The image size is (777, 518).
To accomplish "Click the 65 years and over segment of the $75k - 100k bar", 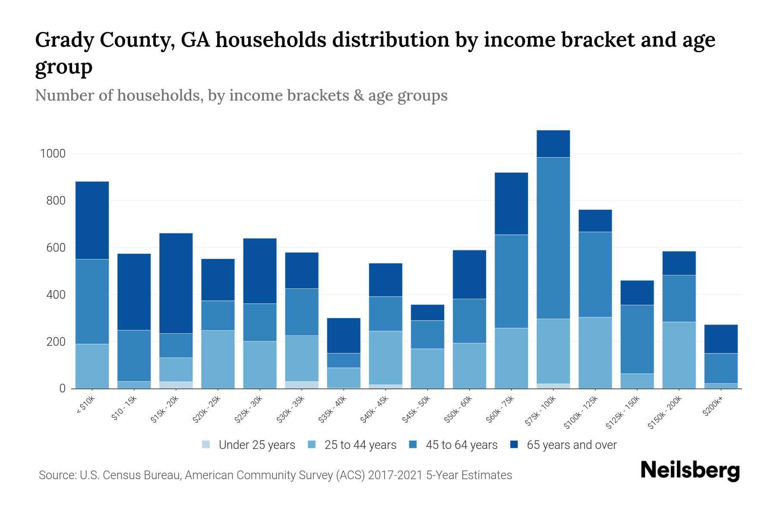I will (553, 144).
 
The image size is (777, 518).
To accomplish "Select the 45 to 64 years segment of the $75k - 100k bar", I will (553, 238).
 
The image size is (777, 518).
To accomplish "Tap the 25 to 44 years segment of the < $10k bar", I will (92, 366).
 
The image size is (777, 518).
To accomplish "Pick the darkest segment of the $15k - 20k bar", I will (176, 283).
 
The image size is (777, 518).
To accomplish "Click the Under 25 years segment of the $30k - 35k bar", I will (302, 385).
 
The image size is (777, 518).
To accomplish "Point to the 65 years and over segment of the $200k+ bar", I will (721, 339).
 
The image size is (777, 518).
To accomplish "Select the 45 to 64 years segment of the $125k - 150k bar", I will (637, 339).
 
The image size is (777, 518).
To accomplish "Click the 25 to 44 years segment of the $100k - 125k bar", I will (595, 353).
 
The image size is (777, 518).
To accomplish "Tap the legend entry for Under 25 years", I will (249, 445).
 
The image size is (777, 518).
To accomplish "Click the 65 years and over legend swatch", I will (514, 445).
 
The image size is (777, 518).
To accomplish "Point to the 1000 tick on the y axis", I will (53, 154).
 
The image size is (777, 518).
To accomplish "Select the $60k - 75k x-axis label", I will (500, 410).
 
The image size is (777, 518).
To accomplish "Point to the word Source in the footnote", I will (57, 475).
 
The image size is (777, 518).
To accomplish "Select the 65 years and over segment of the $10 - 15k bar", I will (134, 292).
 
